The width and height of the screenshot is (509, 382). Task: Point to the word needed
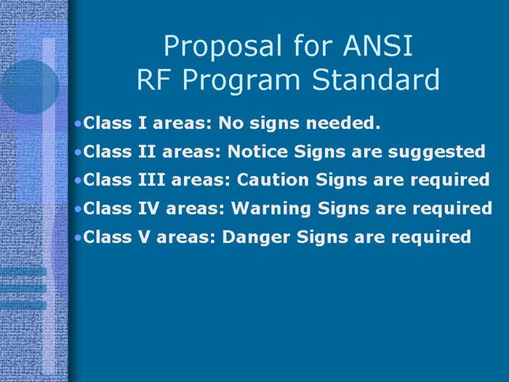[x=348, y=124]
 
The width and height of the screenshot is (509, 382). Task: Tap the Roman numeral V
[x=143, y=237]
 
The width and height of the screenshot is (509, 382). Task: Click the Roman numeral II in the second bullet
[x=145, y=152]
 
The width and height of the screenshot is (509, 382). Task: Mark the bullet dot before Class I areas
[x=79, y=124]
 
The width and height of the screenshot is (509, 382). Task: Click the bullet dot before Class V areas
[x=79, y=238]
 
